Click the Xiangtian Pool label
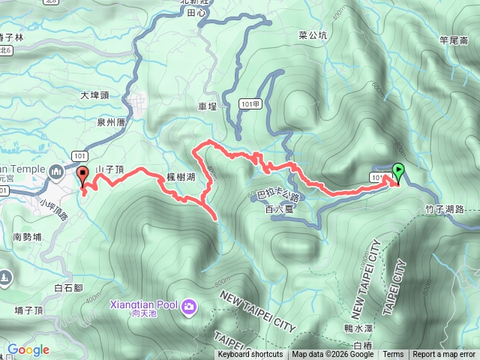(144, 307)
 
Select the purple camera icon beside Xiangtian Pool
(188, 306)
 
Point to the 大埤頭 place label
(94, 96)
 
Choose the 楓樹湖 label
(181, 177)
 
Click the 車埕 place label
(207, 107)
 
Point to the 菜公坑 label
(313, 34)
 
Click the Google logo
(28, 349)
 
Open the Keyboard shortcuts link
(250, 355)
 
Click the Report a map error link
(443, 355)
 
